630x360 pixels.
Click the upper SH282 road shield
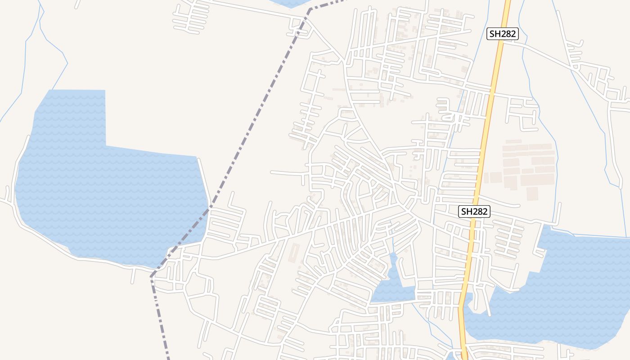pos(503,33)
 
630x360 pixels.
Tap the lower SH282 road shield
pos(474,211)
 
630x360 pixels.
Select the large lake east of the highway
pos(562,292)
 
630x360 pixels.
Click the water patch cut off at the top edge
pos(290,3)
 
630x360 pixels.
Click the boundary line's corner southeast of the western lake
pos(152,276)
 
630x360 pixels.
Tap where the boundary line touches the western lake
pos(208,210)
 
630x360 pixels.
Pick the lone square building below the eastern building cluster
pos(532,193)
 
